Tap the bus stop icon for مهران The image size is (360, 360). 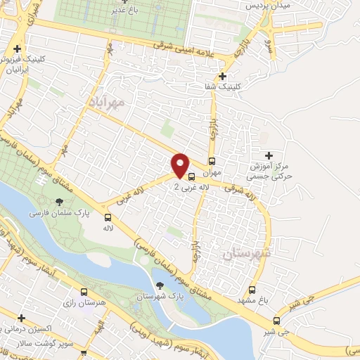click(212, 160)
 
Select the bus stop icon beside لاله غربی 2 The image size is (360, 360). click(191, 177)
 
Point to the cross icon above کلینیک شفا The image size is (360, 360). click(223, 77)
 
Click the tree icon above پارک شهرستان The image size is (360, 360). click(160, 285)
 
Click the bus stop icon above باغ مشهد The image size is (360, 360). click(253, 290)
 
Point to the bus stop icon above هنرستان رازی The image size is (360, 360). click(84, 292)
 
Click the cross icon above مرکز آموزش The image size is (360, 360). click(267, 155)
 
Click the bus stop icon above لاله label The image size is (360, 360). click(108, 217)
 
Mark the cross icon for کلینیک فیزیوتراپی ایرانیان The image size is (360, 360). click(17, 49)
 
